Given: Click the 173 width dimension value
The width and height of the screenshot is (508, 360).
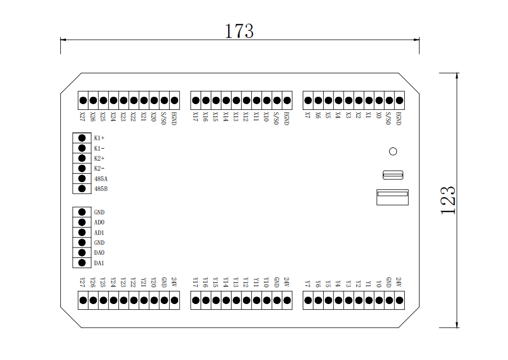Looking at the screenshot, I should point(239,31).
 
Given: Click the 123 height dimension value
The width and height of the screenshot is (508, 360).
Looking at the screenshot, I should point(448,200).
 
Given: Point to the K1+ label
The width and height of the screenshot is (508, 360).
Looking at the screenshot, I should point(100,138).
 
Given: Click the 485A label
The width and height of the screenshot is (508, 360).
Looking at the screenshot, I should point(101,179).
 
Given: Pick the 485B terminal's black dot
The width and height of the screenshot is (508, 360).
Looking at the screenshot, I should point(82,188).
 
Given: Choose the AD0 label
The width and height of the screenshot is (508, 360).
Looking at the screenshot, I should point(99,222).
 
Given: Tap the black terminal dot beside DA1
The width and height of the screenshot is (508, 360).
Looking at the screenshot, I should point(82,263).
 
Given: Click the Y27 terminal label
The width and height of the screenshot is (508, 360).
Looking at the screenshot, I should point(82,283).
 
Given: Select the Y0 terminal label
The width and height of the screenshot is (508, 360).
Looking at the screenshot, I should point(379,283).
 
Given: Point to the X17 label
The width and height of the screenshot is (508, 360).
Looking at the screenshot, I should point(195,116).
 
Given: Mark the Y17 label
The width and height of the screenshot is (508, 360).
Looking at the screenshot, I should point(195,283).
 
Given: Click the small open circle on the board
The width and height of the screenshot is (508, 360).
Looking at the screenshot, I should point(393,151).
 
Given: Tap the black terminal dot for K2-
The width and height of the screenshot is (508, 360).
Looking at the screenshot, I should point(82,168).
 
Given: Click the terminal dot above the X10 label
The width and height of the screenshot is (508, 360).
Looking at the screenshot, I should point(267,100).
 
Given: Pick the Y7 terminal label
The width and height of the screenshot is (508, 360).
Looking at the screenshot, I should point(307,283).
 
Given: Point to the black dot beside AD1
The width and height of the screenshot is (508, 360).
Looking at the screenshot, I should point(82,232).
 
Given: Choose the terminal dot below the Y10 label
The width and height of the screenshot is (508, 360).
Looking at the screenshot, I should point(267,300).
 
